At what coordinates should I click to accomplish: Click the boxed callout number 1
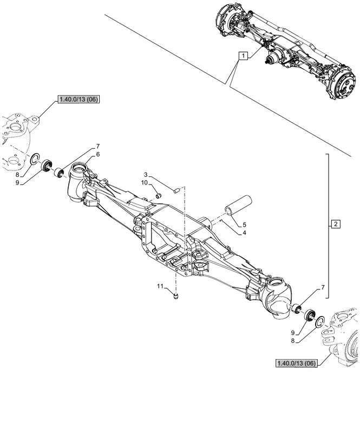pyautogui.click(x=244, y=56)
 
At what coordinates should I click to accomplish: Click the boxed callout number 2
pyautogui.click(x=336, y=224)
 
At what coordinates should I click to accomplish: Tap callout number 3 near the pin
pyautogui.click(x=146, y=174)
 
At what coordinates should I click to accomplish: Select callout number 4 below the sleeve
pyautogui.click(x=245, y=233)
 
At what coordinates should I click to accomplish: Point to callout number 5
pyautogui.click(x=245, y=224)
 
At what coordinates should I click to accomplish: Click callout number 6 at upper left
pyautogui.click(x=98, y=154)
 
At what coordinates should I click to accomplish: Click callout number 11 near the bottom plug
pyautogui.click(x=160, y=285)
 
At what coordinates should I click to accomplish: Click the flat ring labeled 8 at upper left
pyautogui.click(x=36, y=158)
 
